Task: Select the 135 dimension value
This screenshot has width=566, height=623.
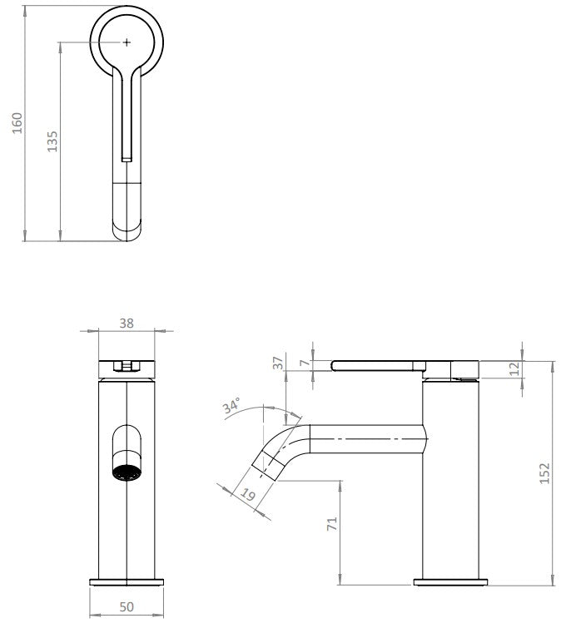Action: (x=51, y=141)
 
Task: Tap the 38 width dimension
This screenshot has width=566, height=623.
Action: (x=126, y=324)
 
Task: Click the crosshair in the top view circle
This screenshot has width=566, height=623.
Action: (x=126, y=41)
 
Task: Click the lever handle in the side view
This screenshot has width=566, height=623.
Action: (x=379, y=364)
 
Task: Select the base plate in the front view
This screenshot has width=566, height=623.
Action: (x=126, y=581)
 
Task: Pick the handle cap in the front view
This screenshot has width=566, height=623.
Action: (x=126, y=365)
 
